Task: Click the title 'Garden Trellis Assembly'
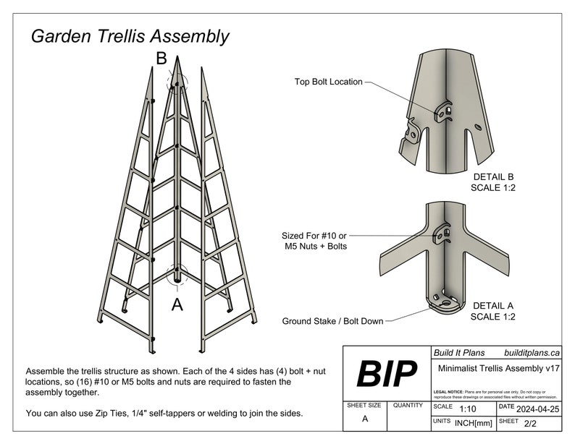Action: coord(130,36)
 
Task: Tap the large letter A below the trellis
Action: coord(177,305)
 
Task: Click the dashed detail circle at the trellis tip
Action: coord(177,82)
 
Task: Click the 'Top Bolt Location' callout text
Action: coord(328,82)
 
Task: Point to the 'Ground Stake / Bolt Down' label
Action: coord(333,320)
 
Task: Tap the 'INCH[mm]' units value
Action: coord(474,421)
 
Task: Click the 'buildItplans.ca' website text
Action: coord(532,353)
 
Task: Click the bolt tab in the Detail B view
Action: coord(443,111)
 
